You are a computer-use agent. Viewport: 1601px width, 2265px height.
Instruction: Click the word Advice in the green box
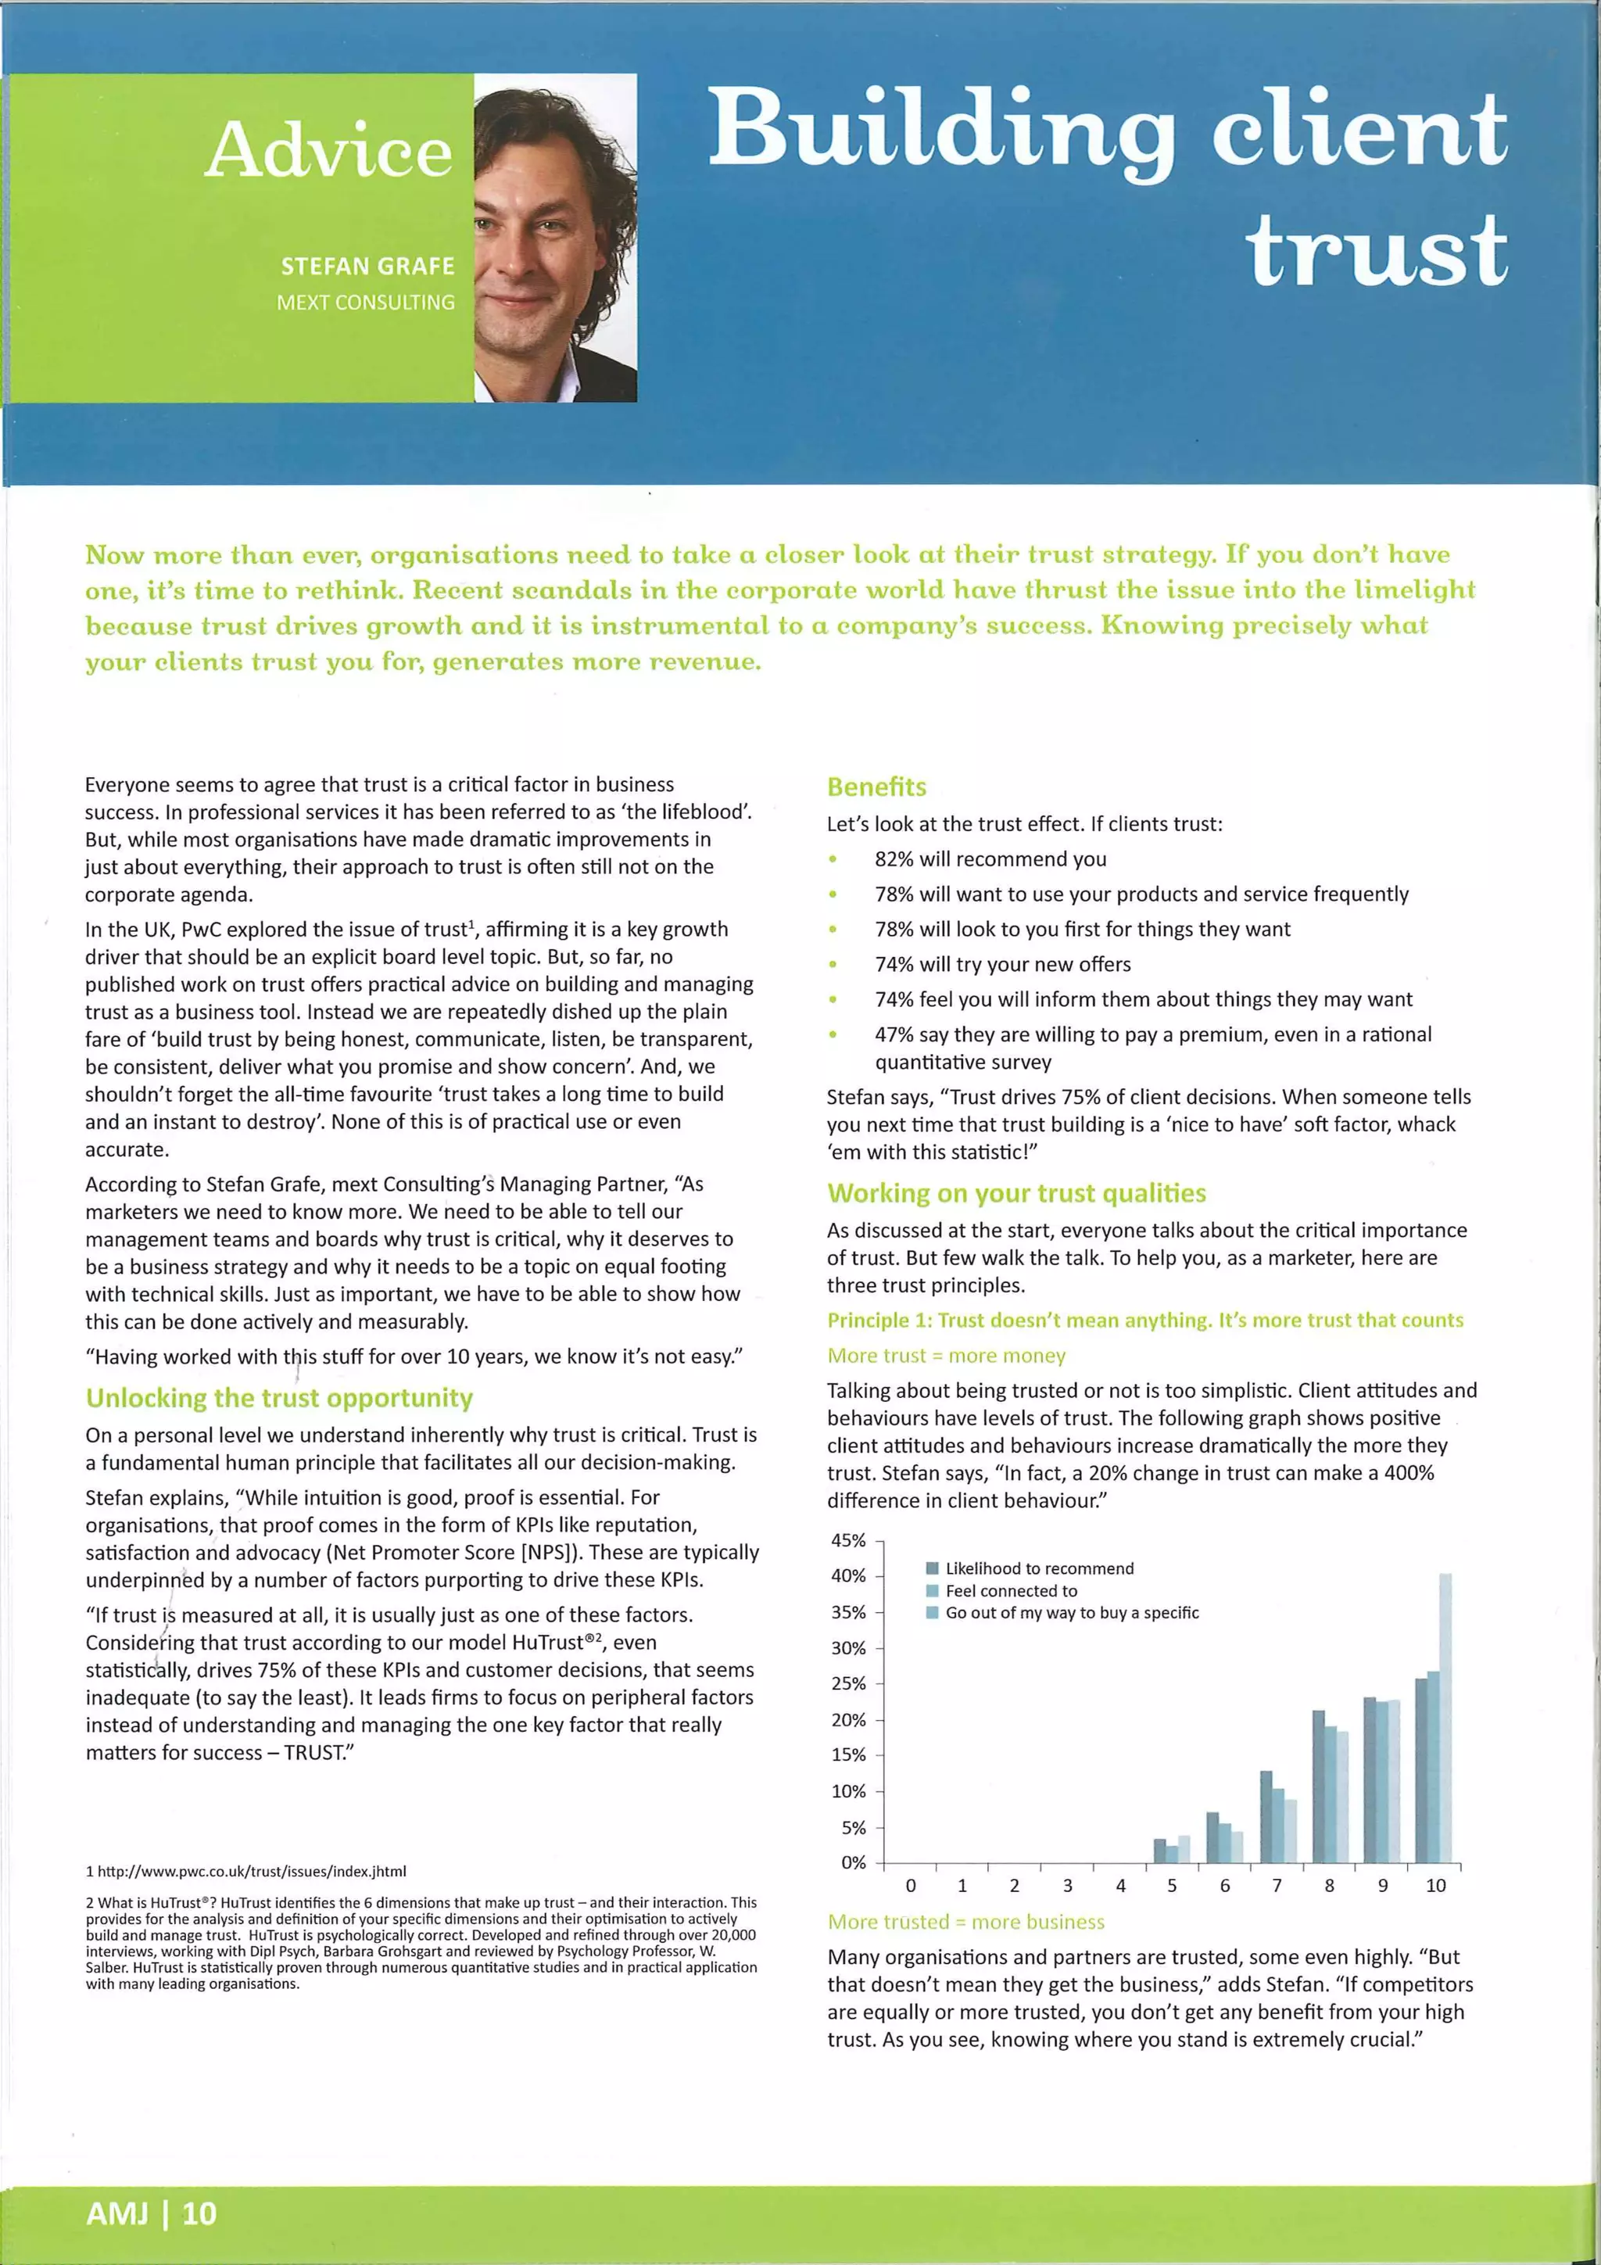[x=328, y=150]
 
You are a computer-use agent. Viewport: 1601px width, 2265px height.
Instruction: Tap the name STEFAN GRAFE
[x=367, y=267]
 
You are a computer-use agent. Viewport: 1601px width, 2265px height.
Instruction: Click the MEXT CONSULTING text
[x=365, y=303]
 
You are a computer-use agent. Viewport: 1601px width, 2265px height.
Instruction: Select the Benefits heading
[x=876, y=787]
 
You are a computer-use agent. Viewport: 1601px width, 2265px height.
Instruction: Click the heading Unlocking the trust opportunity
[x=279, y=1398]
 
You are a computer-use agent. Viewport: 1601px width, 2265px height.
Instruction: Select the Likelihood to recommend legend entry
[x=1039, y=1568]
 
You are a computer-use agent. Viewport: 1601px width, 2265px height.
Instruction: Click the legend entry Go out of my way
[x=1071, y=1612]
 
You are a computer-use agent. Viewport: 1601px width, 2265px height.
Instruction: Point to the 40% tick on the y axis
[x=848, y=1575]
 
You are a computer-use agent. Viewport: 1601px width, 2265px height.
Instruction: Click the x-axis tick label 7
[x=1277, y=1885]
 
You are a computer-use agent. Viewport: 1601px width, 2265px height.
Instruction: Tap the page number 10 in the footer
[x=199, y=2213]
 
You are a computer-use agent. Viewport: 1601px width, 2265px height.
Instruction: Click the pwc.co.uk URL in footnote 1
[x=252, y=1872]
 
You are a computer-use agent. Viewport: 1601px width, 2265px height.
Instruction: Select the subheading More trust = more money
[x=946, y=1356]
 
